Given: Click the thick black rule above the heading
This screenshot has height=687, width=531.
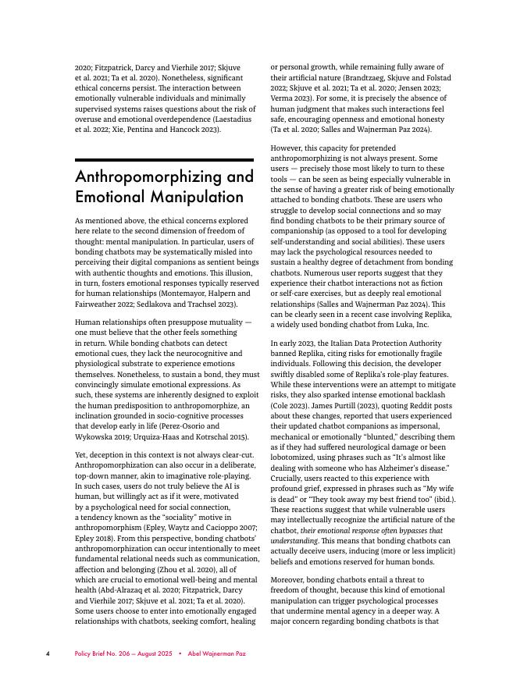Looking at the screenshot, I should tap(164, 160).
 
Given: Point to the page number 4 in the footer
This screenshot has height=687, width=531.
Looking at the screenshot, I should tap(48, 653).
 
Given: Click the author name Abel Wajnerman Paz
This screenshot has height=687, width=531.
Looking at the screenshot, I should tap(216, 653).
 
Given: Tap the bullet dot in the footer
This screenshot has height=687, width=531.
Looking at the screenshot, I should tap(180, 653).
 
